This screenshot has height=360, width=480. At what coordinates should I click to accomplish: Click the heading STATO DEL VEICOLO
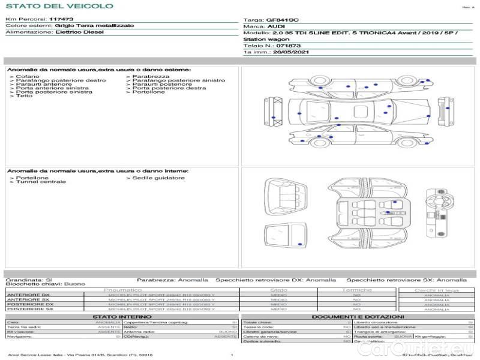click(x=59, y=6)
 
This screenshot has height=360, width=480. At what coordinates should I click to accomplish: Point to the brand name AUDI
click(x=276, y=26)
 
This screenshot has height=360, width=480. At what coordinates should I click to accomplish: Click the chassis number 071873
click(x=289, y=45)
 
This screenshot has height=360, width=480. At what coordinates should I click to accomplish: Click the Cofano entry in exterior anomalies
click(x=28, y=77)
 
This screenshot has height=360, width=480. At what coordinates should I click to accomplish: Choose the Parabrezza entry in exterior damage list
click(x=151, y=77)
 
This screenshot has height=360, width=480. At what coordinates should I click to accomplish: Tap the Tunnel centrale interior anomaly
click(x=41, y=182)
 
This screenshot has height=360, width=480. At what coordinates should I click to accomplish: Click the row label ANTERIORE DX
click(x=28, y=295)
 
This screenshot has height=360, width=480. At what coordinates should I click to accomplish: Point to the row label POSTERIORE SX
click(x=30, y=309)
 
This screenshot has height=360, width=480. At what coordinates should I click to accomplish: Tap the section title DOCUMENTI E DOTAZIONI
click(x=358, y=316)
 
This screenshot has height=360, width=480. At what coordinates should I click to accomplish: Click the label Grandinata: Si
click(x=29, y=280)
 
